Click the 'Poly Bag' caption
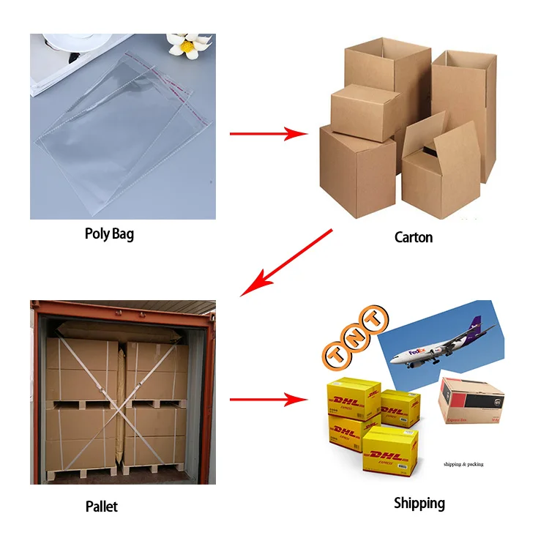pos(110,235)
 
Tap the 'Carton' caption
pos(414,237)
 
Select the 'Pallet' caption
pos(101,506)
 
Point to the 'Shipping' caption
pos(419,503)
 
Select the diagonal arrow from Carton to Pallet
pos(286,262)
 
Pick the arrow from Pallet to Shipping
pos(268,400)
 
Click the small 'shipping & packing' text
pos(463,464)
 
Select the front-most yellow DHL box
pos(390,449)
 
